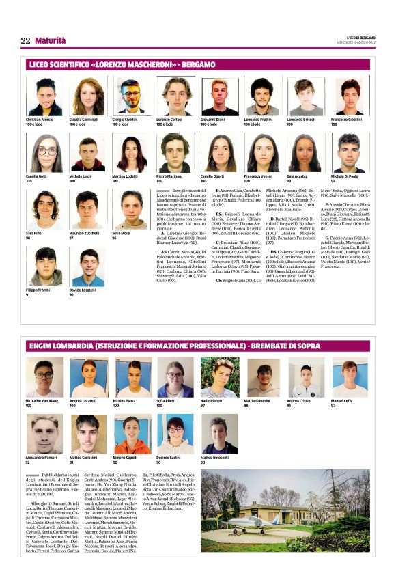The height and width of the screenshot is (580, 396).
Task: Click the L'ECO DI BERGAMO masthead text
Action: pyautogui.click(x=354, y=36)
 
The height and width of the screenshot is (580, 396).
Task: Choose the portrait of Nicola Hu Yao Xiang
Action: pyautogui.click(x=43, y=378)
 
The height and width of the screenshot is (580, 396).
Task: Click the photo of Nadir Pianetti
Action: pyautogui.click(x=218, y=378)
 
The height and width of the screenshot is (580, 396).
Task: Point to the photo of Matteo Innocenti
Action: pyautogui.click(x=218, y=435)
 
